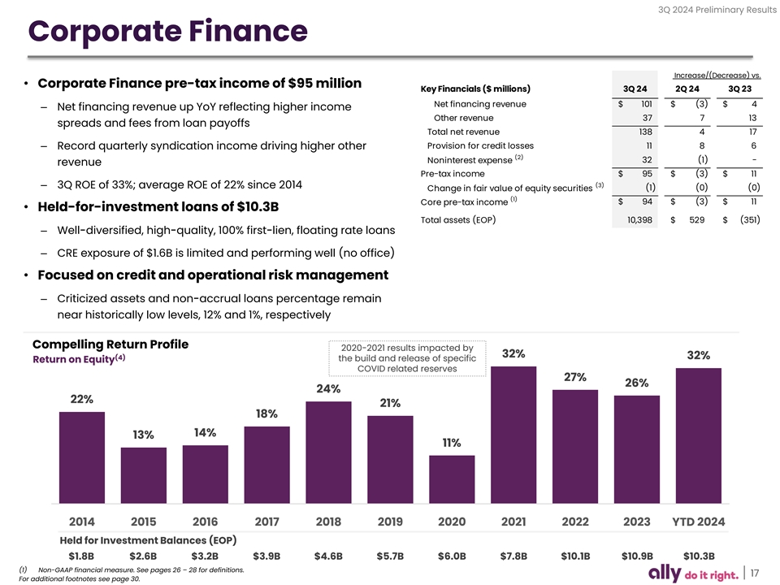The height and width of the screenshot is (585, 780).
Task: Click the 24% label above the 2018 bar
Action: click(328, 389)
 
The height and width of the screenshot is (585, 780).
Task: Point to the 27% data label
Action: click(574, 377)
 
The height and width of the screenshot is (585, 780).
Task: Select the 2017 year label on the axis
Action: click(266, 521)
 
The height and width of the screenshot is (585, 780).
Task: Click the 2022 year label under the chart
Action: click(575, 521)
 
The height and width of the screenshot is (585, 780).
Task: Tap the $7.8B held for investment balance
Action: click(513, 557)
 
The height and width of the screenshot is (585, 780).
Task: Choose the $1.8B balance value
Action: click(81, 557)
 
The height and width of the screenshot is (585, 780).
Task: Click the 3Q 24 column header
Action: click(635, 89)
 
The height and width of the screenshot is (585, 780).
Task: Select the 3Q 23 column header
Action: click(740, 89)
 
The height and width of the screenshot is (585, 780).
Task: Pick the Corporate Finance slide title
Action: click(167, 32)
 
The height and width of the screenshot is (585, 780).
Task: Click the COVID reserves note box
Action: click(407, 358)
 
